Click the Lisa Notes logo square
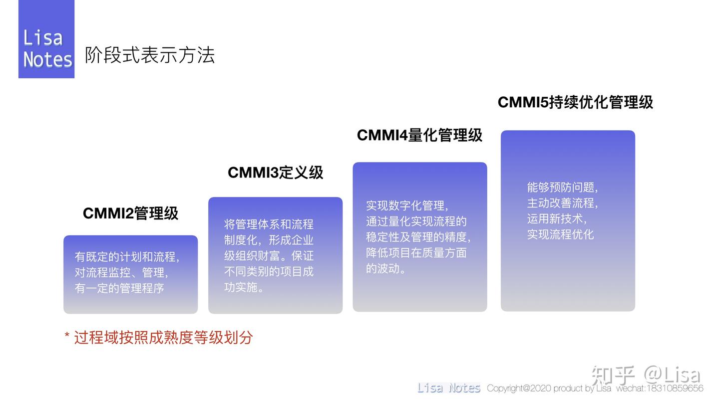coord(46,39)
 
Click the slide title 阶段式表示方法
coord(150,55)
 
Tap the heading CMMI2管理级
coord(130,213)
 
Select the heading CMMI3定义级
coord(276,173)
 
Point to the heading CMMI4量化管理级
coord(419,135)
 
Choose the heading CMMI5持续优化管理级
coord(575,102)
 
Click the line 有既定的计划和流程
coord(127,257)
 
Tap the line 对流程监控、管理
coord(121,273)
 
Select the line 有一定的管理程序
coord(119,288)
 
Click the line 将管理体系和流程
coord(269,224)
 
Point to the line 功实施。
coord(244,287)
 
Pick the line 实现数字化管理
coord(407,205)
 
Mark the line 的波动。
coord(386,268)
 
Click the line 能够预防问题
coord(562,188)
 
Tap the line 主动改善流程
coord(562,203)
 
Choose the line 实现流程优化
coord(560,234)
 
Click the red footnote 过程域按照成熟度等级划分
coord(163,338)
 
